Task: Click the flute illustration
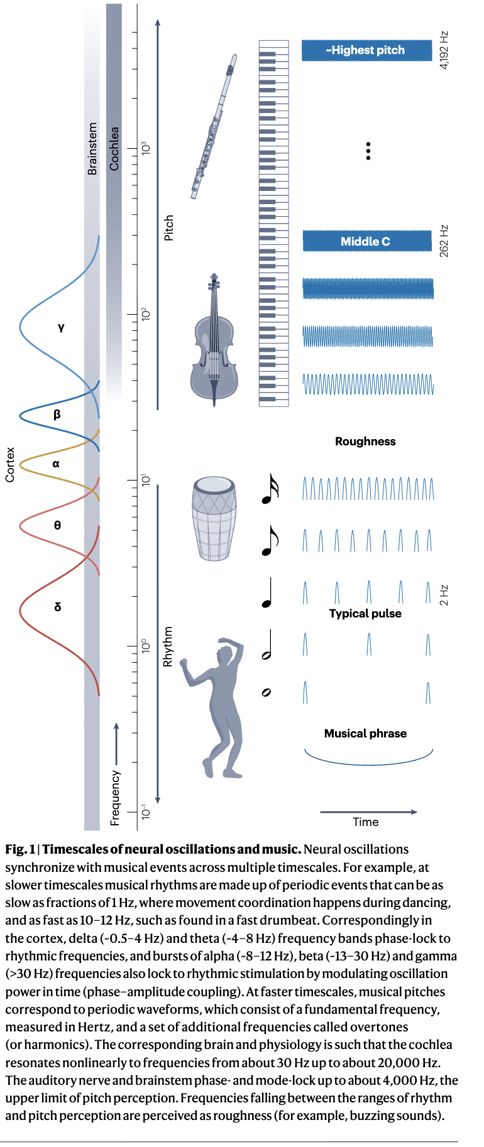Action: click(215, 126)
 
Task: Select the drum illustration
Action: click(214, 518)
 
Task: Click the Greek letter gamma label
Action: click(61, 327)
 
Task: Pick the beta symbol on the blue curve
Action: click(57, 415)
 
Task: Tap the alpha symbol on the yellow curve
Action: click(56, 464)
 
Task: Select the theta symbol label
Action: click(57, 525)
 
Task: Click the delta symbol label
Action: click(58, 607)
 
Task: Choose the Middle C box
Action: click(367, 241)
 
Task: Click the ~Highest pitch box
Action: click(367, 50)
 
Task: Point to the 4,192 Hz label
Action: click(444, 50)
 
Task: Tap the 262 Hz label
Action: click(444, 241)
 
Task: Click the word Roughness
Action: click(365, 442)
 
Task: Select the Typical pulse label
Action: click(365, 614)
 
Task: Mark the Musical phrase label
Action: click(365, 734)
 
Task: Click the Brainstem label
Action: click(92, 148)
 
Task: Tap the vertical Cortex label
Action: click(10, 465)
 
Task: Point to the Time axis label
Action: click(366, 822)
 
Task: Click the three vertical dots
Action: click(368, 151)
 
